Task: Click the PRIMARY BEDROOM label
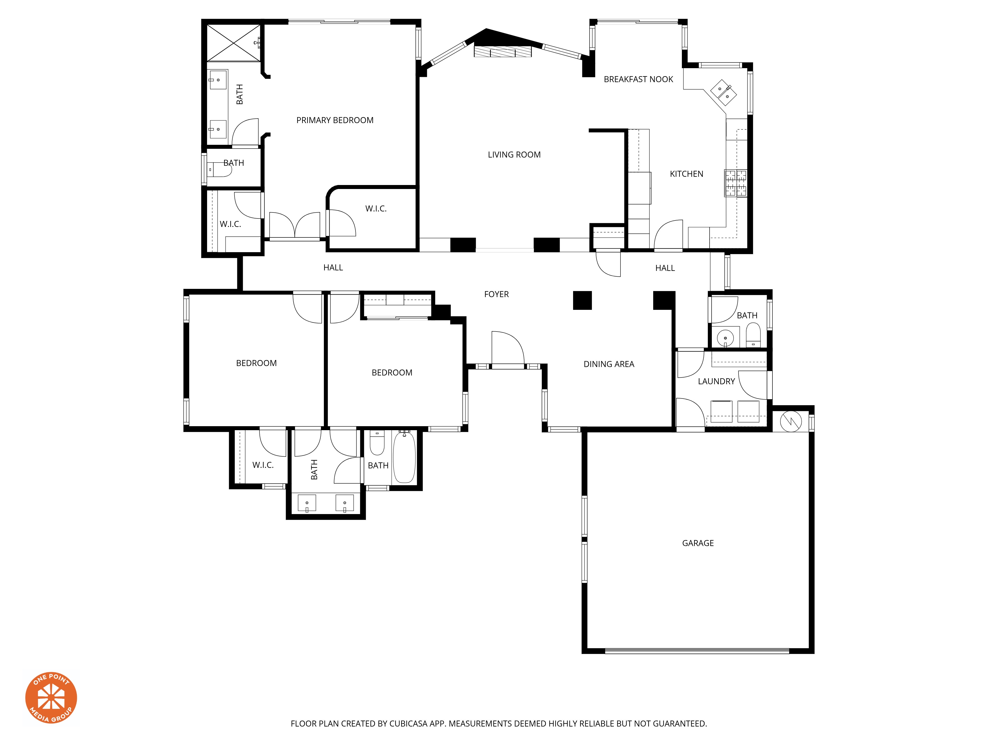tap(335, 120)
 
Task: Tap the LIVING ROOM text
tap(514, 154)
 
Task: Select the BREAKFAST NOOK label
tap(638, 79)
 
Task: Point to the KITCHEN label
tap(686, 174)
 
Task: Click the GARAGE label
tap(698, 543)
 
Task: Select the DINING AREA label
tap(609, 364)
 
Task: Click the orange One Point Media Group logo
tap(51, 698)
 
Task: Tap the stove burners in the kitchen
tap(736, 183)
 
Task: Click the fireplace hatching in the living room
tap(502, 51)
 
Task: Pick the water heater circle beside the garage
tap(790, 421)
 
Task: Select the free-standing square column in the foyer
tap(582, 300)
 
